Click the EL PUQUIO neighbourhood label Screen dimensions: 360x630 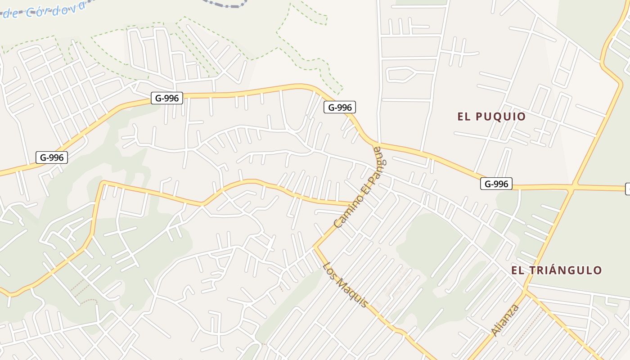(x=491, y=117)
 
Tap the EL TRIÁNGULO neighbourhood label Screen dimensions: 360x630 (x=556, y=270)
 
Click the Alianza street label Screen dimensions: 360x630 (x=505, y=320)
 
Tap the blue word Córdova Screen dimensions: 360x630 (x=55, y=8)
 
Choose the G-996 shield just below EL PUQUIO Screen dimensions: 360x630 (x=496, y=184)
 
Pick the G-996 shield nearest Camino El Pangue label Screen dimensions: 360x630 (x=339, y=107)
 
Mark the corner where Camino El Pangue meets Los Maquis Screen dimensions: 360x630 (x=315, y=247)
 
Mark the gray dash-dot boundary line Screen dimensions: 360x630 (x=225, y=4)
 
